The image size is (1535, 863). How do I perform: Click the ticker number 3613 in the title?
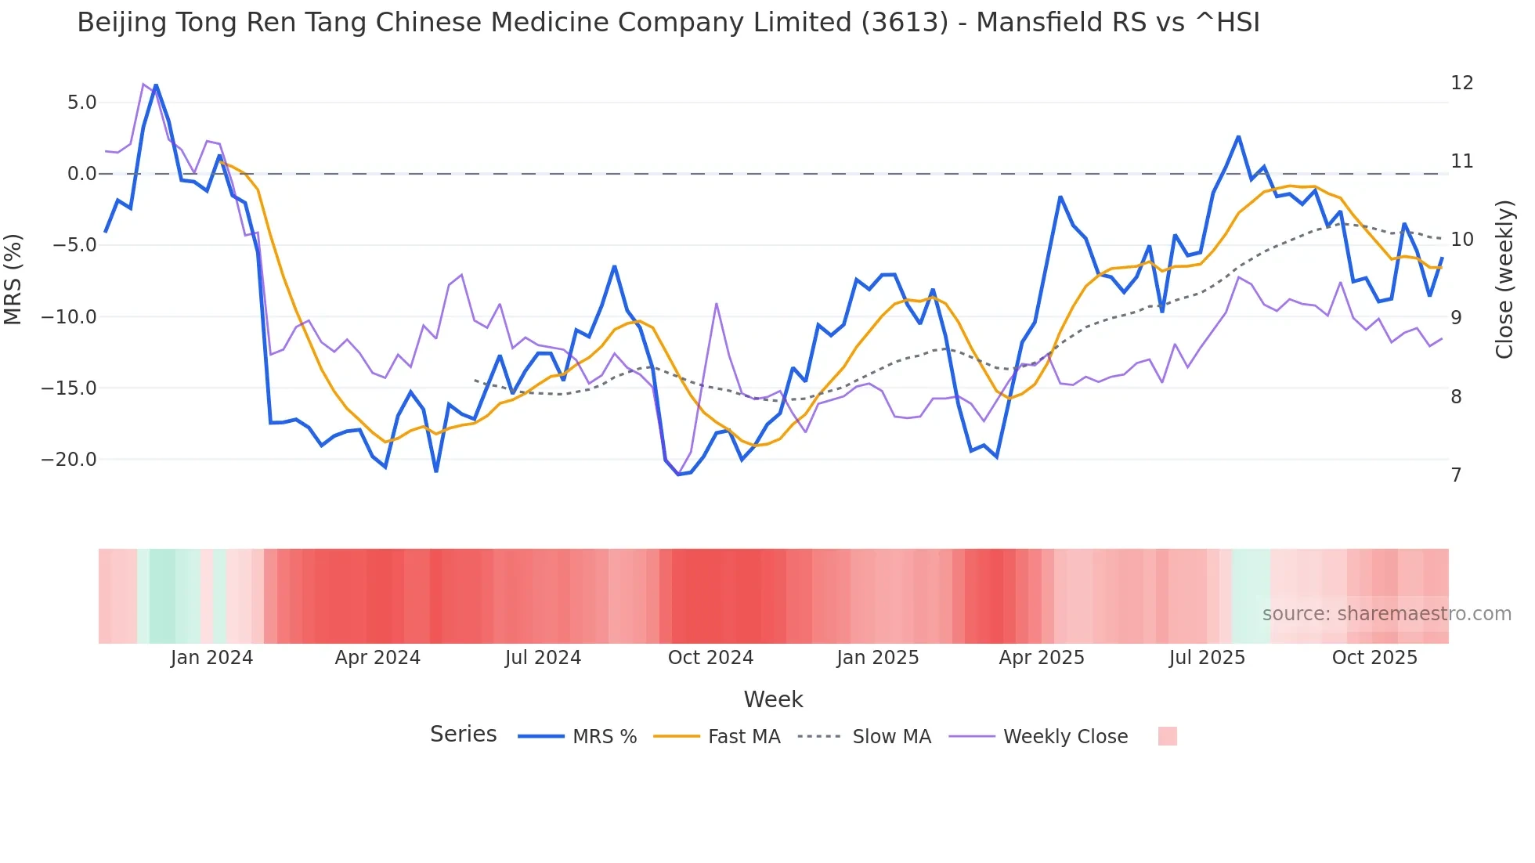905,23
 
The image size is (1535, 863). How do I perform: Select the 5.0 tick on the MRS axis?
81,103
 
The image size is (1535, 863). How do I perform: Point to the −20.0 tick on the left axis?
69,460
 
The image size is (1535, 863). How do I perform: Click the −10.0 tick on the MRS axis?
69,317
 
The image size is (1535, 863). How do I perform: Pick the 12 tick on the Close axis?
1461,83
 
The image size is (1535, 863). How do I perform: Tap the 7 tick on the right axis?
1456,475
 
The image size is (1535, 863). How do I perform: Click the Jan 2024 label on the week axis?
211,658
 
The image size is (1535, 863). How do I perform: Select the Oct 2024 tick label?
710,658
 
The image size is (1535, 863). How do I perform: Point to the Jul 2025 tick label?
1207,658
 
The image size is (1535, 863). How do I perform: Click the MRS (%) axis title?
13,279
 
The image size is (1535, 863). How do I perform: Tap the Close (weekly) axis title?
1504,280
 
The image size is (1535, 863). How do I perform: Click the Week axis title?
773,699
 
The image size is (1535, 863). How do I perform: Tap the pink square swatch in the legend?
1167,736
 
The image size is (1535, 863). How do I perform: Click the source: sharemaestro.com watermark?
1386,614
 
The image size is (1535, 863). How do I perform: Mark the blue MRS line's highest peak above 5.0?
156,85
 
